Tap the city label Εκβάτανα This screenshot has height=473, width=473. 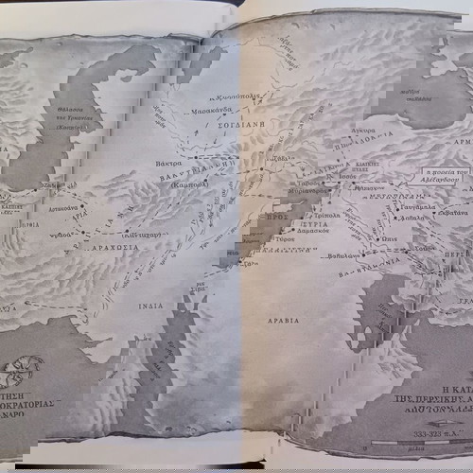[447, 213]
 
